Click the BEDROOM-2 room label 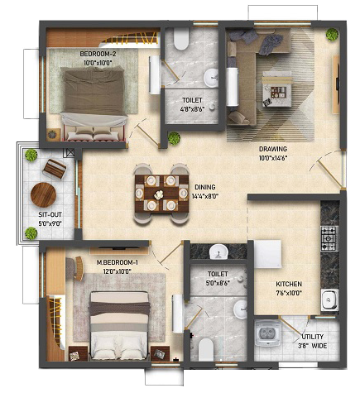[98, 54]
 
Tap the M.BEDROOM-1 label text [118, 262]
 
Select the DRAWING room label [273, 149]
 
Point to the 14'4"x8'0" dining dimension [205, 196]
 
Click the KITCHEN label [289, 284]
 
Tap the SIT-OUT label [50, 214]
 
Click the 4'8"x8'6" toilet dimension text [192, 109]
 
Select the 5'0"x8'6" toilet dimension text [218, 283]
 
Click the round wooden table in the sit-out [43, 194]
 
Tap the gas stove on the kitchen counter [329, 238]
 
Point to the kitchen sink [329, 300]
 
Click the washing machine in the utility [267, 333]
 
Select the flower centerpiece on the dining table [158, 194]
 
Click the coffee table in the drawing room [276, 89]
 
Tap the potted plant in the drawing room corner [332, 34]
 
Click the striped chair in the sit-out [55, 169]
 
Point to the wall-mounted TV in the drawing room [336, 84]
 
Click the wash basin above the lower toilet [218, 252]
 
